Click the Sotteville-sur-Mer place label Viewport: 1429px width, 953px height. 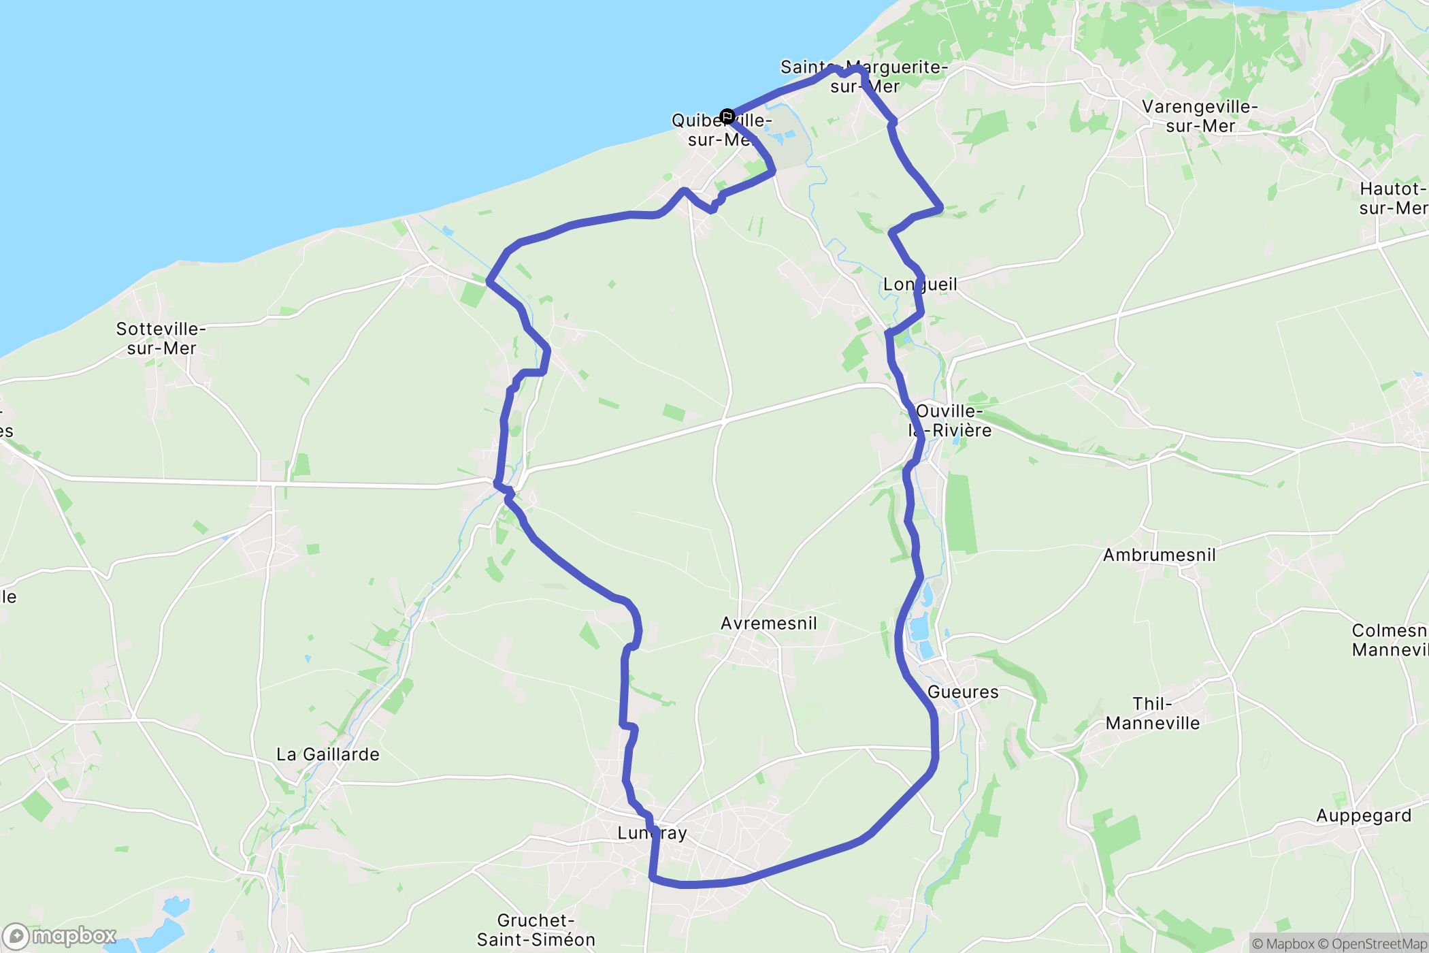click(x=161, y=338)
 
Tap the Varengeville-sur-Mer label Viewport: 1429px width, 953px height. click(x=1200, y=116)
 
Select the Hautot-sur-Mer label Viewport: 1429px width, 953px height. click(x=1392, y=198)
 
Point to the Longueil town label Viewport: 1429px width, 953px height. click(x=920, y=285)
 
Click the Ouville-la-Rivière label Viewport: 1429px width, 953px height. click(x=950, y=421)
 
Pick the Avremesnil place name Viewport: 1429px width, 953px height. click(x=768, y=624)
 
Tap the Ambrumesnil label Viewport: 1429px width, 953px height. click(x=1159, y=555)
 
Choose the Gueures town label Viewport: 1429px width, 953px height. click(x=963, y=692)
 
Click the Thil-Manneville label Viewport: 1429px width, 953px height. click(x=1152, y=713)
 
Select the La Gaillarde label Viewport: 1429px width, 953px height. click(x=327, y=754)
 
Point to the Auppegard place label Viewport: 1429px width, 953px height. click(x=1364, y=815)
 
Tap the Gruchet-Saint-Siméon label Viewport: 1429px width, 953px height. click(x=536, y=930)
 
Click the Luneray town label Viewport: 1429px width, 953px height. click(x=652, y=833)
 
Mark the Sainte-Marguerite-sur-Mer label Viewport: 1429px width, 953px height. click(x=864, y=77)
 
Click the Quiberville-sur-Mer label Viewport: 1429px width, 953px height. click(x=721, y=130)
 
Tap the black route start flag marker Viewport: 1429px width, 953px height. click(x=727, y=116)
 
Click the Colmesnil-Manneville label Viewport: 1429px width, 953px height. click(x=1390, y=640)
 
